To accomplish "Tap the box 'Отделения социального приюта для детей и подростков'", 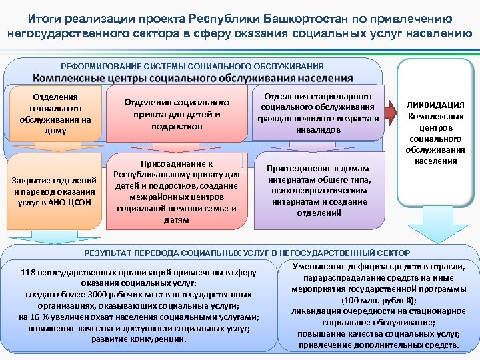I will click(177, 114).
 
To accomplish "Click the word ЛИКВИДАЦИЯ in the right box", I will click(436, 105).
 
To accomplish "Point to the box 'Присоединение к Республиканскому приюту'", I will click(177, 191).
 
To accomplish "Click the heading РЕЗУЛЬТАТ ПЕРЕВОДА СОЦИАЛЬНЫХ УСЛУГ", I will click(247, 253).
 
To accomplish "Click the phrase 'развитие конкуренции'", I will click(140, 339).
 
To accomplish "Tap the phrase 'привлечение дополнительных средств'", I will click(378, 345).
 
